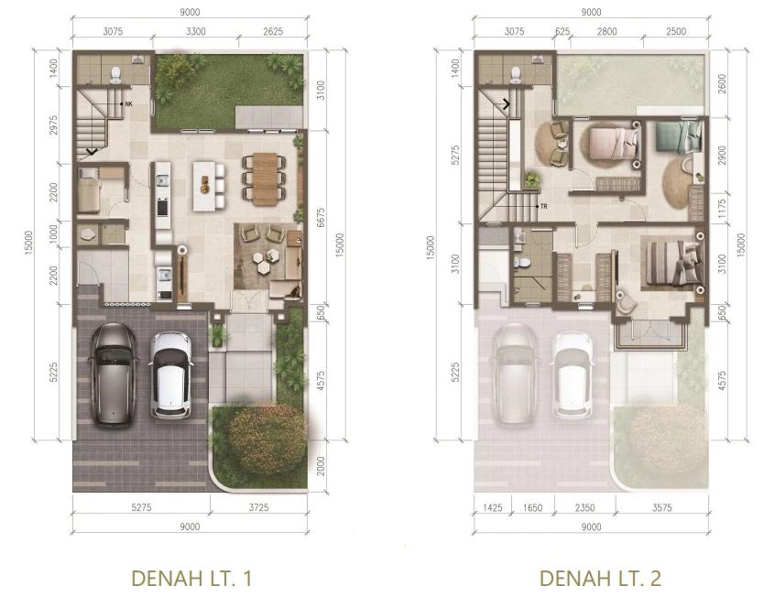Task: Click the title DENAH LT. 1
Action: [x=191, y=578]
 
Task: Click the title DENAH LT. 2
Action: [x=600, y=578]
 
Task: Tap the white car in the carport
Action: [x=170, y=374]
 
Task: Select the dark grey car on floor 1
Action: [x=113, y=374]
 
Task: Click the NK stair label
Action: [x=128, y=103]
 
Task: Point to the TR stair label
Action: [x=544, y=206]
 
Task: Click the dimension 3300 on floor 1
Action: [x=196, y=32]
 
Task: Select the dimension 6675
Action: [x=321, y=218]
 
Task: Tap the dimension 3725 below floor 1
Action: [x=258, y=507]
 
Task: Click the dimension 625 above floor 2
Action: [x=562, y=32]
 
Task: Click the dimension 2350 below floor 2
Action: [x=584, y=508]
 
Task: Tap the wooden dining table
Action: [x=265, y=178]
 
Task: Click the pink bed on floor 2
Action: [x=614, y=143]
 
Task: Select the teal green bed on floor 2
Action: [x=678, y=136]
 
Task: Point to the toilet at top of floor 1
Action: [x=116, y=74]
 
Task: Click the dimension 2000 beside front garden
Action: [x=321, y=465]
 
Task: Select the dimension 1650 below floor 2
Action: [x=532, y=508]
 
